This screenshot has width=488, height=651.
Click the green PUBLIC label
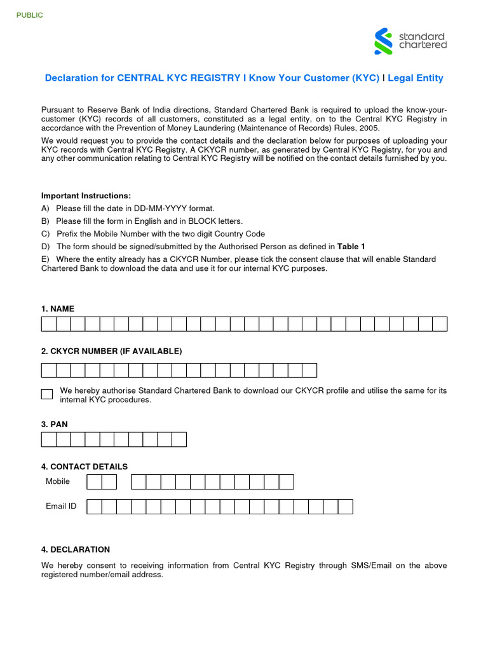(29, 15)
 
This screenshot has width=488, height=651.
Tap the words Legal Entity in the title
(416, 78)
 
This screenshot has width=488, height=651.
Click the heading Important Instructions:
(86, 196)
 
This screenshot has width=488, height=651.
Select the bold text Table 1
(351, 247)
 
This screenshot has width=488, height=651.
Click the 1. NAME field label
(58, 309)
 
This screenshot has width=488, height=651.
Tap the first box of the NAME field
(49, 324)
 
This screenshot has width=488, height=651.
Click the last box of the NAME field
(440, 324)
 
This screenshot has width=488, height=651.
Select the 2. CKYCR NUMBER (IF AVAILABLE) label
(111, 352)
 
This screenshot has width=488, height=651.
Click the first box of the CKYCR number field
(49, 371)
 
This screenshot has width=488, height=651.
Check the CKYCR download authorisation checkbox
(47, 394)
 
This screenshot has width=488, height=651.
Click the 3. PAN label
(55, 424)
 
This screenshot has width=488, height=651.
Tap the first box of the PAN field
(49, 439)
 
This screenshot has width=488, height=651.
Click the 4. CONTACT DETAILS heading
(85, 467)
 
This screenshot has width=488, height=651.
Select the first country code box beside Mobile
(94, 482)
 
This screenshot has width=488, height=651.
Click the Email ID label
(61, 506)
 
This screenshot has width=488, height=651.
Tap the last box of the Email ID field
(345, 507)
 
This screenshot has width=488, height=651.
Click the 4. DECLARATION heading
(76, 549)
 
